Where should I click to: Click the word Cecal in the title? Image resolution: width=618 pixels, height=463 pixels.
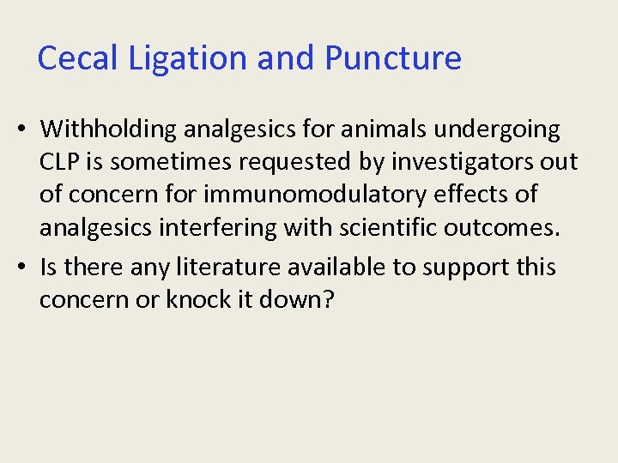pos(70,58)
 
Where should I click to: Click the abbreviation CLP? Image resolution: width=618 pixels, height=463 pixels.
pos(58,162)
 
